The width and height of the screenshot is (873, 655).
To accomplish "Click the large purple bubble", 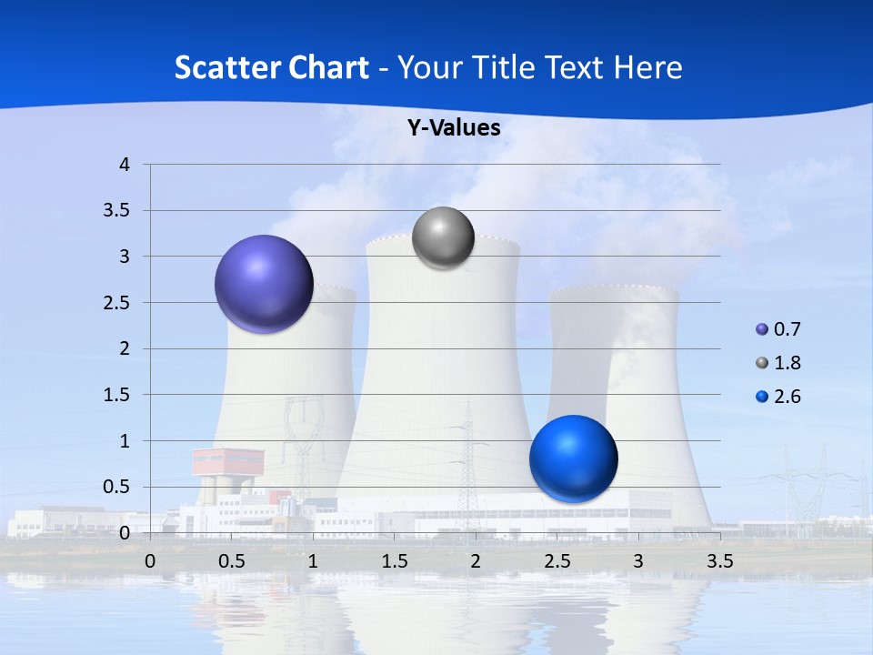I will [x=264, y=284].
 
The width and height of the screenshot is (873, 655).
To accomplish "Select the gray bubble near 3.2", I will [x=443, y=238].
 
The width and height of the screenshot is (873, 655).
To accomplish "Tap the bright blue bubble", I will [x=573, y=458].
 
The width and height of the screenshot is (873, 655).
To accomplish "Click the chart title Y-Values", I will [x=454, y=128].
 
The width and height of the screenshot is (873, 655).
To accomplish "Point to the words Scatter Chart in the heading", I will [x=271, y=67].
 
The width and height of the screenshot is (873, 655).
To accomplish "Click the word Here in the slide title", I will [x=647, y=67].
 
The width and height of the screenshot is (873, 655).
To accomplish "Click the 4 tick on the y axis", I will [x=125, y=165].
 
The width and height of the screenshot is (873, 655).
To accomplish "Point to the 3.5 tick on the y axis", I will [x=118, y=211].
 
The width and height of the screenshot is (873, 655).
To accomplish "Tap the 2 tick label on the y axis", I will [x=125, y=348].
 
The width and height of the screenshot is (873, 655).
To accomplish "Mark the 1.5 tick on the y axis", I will [x=118, y=395].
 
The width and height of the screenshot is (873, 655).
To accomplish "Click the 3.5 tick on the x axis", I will [x=719, y=561].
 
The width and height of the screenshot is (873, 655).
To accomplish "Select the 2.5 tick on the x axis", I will [x=557, y=561].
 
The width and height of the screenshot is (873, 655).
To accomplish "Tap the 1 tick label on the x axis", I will [x=313, y=561].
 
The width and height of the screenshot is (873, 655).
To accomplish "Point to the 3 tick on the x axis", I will [x=638, y=561].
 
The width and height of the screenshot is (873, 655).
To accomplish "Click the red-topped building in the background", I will [x=227, y=462].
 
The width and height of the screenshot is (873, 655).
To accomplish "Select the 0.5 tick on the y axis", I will [x=118, y=487].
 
